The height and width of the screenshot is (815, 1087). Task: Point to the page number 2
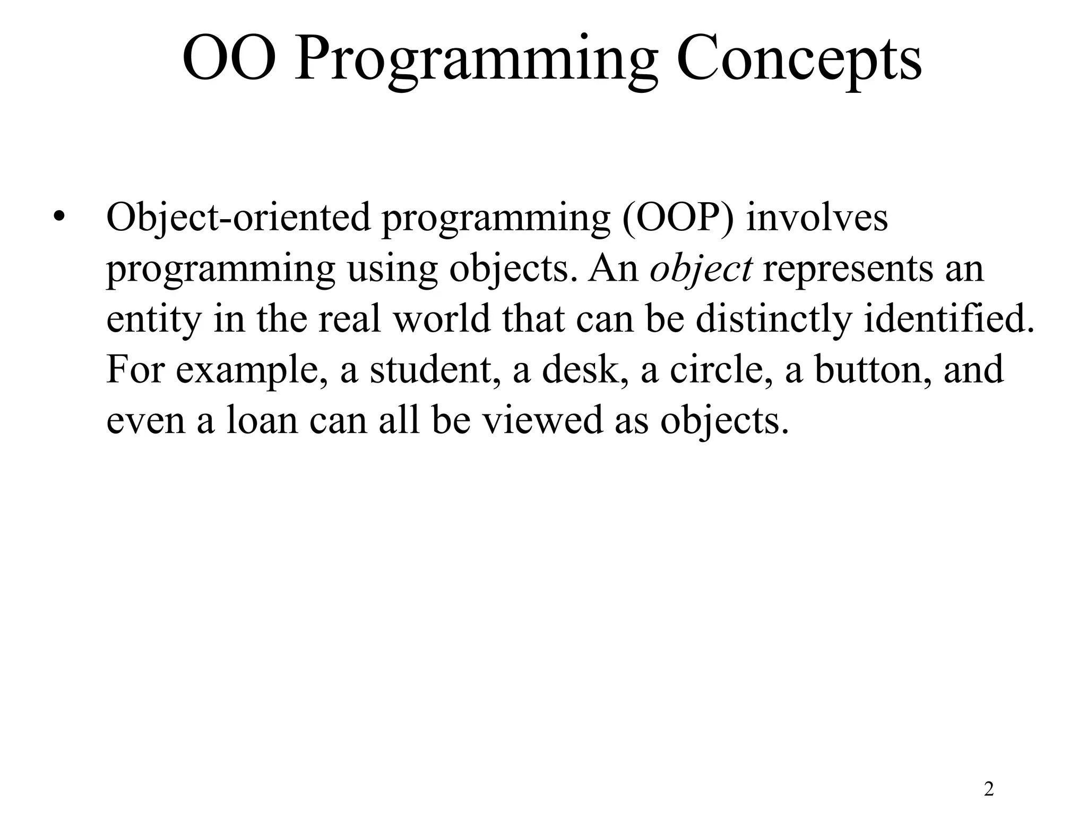coord(989,789)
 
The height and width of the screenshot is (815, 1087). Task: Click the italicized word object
coord(701,268)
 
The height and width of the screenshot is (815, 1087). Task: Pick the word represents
coord(848,268)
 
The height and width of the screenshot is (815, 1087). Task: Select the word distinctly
coord(773,319)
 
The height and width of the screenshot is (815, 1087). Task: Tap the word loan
coord(262,420)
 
